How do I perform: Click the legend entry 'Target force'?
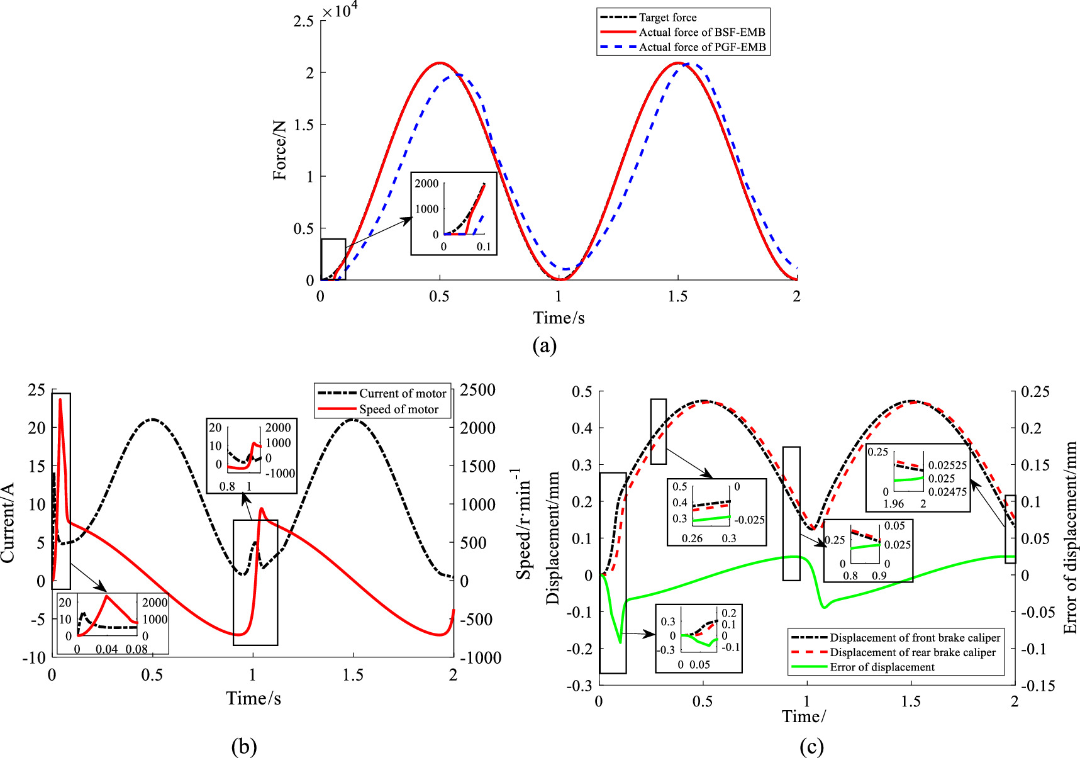pos(667,18)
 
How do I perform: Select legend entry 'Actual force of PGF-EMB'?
pos(702,47)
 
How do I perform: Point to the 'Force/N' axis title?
pos(280,150)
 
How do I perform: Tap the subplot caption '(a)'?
pos(544,345)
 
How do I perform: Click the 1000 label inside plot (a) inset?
pos(426,209)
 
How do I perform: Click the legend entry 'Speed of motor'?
pos(398,410)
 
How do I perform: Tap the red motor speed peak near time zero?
pos(60,399)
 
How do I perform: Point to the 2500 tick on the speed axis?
pos(477,390)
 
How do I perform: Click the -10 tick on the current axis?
pos(34,658)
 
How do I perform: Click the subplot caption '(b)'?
pos(243,747)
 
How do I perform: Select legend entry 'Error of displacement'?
pos(882,667)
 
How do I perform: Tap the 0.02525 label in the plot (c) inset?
pos(947,465)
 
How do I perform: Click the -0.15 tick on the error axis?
pos(1037,686)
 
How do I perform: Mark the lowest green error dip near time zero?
pos(621,642)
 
